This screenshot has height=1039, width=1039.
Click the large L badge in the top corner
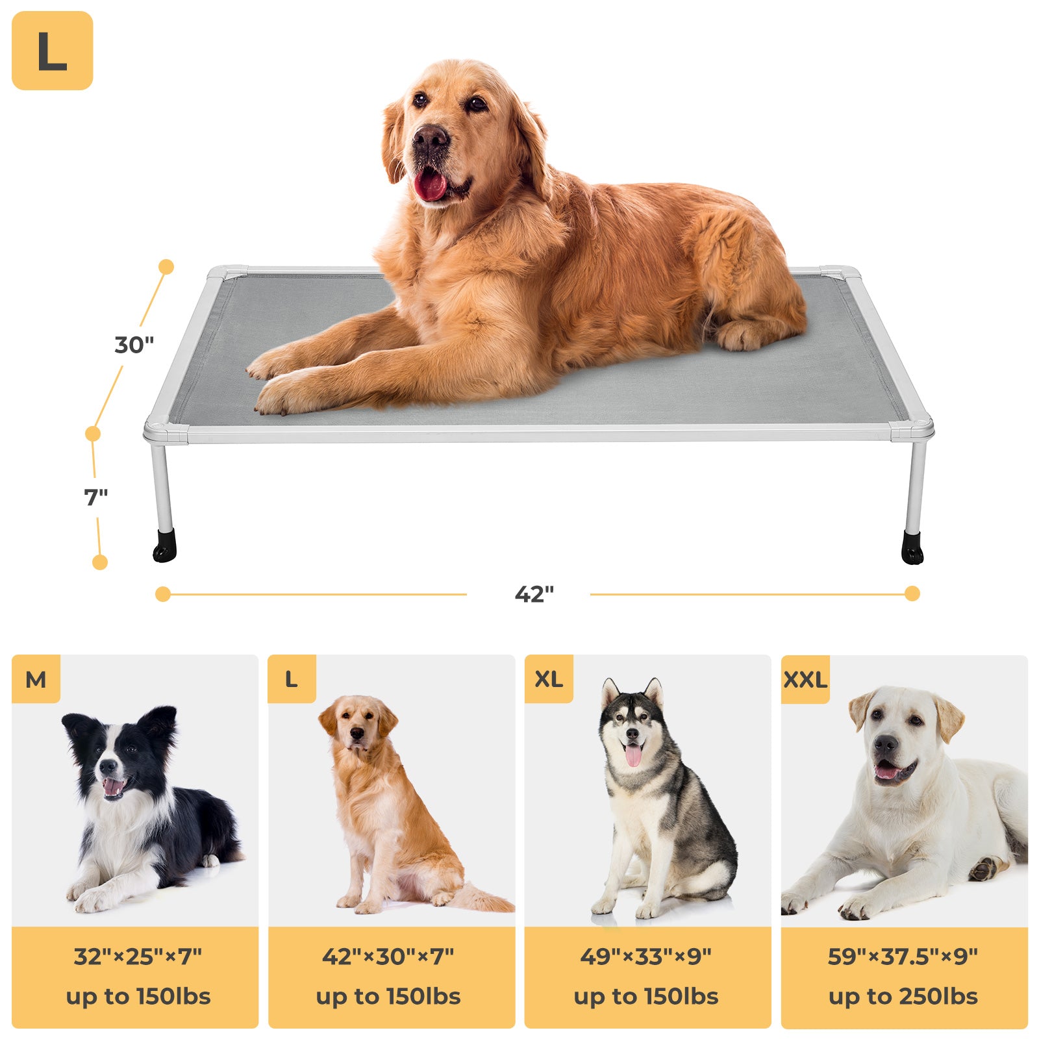(x=52, y=51)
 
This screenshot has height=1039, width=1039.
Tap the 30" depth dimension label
(x=134, y=344)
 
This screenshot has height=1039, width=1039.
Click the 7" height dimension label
(x=96, y=497)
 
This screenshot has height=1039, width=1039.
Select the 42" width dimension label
(x=534, y=594)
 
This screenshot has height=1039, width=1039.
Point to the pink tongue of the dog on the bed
(x=430, y=185)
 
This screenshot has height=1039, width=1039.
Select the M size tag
(x=36, y=679)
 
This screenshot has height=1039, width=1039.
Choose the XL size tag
(x=549, y=679)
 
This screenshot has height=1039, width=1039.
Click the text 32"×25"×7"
(x=138, y=956)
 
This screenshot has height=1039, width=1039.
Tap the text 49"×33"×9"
(x=646, y=956)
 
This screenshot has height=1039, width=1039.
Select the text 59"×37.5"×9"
(x=903, y=956)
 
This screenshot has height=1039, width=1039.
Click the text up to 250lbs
(x=903, y=996)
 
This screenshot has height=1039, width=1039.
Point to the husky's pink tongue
(x=633, y=755)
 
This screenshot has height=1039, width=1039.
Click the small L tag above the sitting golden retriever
(x=292, y=679)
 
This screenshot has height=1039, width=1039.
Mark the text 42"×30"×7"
(x=388, y=956)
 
